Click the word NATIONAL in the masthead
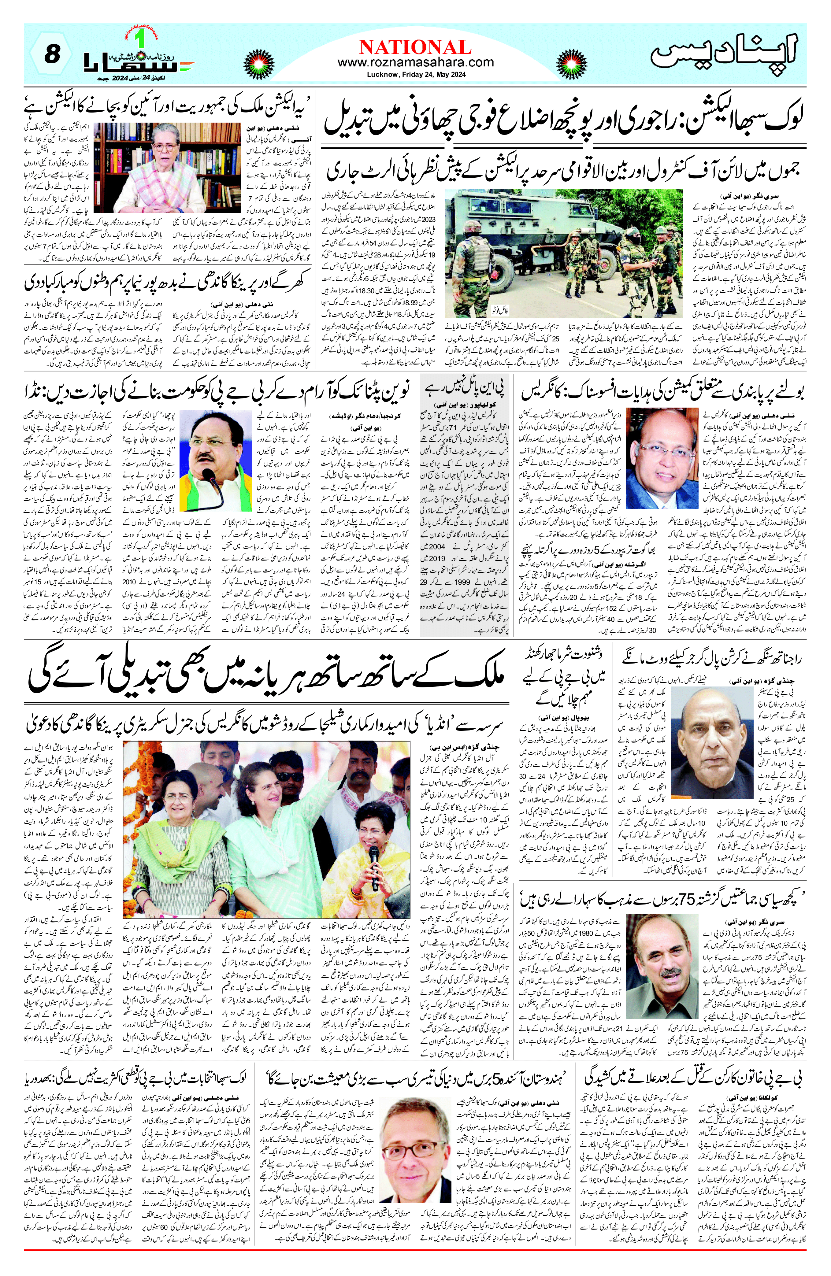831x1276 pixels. [415, 47]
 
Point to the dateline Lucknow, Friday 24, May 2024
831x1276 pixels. [415, 75]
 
